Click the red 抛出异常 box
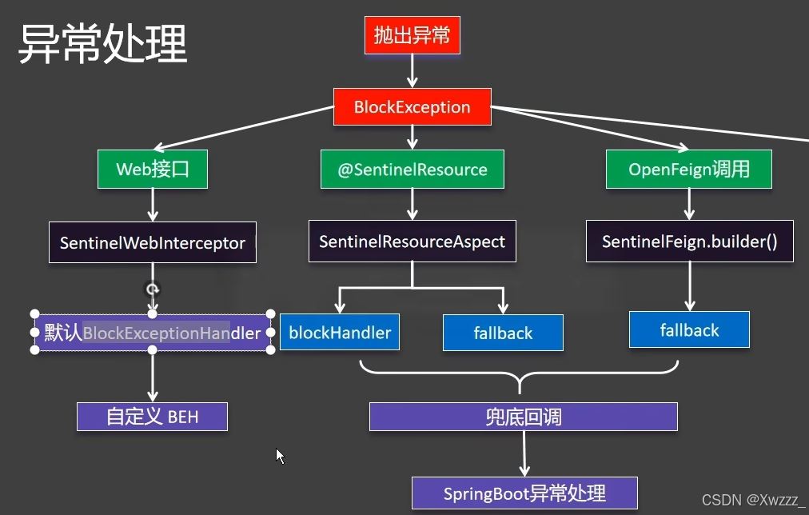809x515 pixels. tap(412, 35)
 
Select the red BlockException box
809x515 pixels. tap(412, 107)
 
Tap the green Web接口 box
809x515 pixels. tap(153, 170)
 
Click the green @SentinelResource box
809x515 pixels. tap(412, 170)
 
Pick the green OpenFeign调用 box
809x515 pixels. tap(689, 170)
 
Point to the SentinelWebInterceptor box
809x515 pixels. tap(153, 242)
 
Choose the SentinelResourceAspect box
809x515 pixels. tap(412, 242)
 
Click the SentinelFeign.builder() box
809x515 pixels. tap(690, 242)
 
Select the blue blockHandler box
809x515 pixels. tap(340, 333)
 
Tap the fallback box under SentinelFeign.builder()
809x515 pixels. tap(689, 329)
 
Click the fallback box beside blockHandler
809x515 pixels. tap(503, 333)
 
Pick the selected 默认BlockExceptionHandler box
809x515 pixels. tap(153, 333)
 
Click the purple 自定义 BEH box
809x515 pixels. tap(152, 417)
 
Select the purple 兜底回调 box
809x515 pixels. tap(524, 417)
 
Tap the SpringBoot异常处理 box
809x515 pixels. tap(524, 493)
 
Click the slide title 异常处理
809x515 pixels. tap(102, 44)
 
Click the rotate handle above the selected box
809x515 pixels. tap(152, 289)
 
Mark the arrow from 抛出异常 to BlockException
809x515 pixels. tap(412, 71)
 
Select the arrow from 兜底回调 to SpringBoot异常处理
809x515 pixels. tap(524, 453)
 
